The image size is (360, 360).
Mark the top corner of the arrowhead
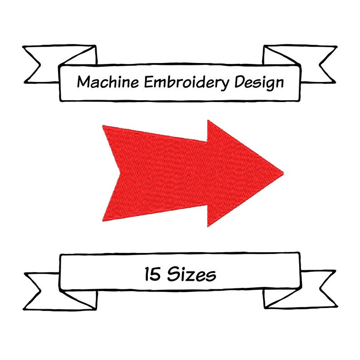(x=208, y=121)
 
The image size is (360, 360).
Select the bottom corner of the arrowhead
(x=208, y=226)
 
